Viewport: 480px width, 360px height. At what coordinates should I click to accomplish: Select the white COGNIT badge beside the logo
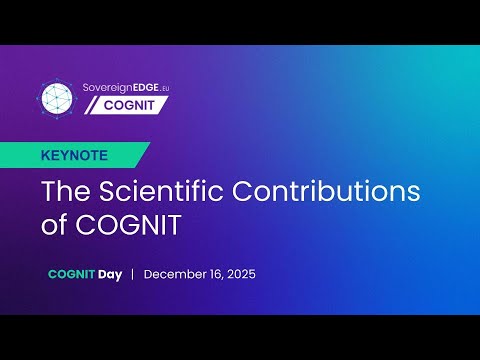click(x=126, y=106)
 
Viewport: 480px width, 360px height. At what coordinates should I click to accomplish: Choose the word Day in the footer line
click(x=110, y=273)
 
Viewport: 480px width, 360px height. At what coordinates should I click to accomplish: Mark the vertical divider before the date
click(x=133, y=273)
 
